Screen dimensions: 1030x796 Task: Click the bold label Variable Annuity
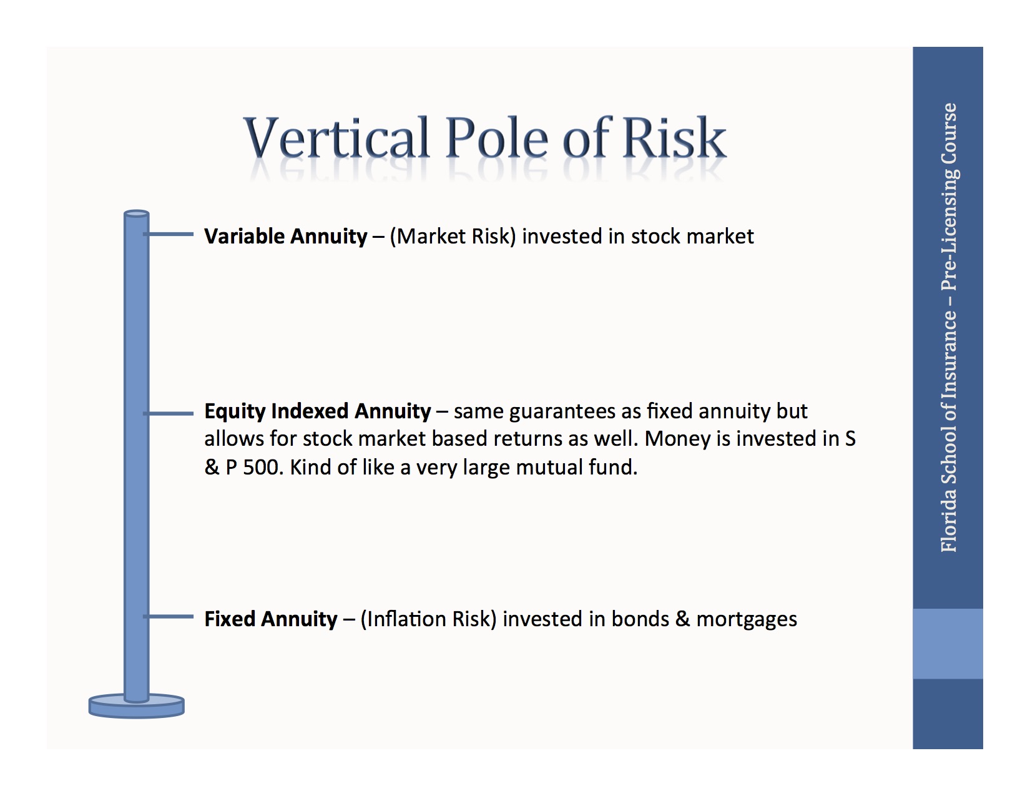(x=286, y=236)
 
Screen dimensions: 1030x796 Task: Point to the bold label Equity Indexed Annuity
(x=318, y=411)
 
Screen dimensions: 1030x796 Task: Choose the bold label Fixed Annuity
(x=271, y=619)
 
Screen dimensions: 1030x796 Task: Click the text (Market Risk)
(x=453, y=237)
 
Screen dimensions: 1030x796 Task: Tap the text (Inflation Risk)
(x=428, y=619)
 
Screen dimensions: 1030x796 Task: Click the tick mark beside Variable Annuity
(x=169, y=233)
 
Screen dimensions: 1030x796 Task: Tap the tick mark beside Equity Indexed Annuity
(x=169, y=413)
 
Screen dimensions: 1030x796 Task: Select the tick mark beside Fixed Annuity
(x=169, y=616)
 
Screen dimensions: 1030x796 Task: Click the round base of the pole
(x=137, y=706)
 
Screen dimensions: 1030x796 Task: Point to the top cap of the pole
(x=137, y=214)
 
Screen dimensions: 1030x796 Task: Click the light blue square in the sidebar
(x=948, y=644)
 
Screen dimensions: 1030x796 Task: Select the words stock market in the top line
(x=692, y=237)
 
